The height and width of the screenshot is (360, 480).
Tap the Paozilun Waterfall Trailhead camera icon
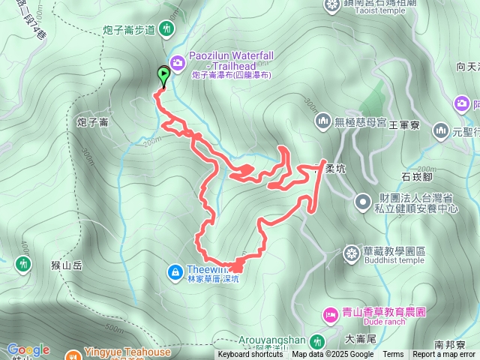click(x=177, y=62)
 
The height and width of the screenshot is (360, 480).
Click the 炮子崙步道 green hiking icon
click(x=166, y=30)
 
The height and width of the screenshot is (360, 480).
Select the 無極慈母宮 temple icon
click(x=323, y=120)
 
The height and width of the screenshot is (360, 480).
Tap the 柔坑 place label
click(x=336, y=169)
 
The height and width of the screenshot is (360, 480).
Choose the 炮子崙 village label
click(x=93, y=121)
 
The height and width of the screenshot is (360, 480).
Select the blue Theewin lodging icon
click(x=175, y=270)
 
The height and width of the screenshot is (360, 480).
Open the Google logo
click(x=28, y=349)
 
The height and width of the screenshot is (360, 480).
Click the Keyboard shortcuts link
click(x=250, y=355)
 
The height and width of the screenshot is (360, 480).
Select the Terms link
click(x=393, y=355)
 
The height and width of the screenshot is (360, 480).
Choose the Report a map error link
click(x=444, y=355)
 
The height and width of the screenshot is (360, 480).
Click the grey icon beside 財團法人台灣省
click(x=362, y=201)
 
